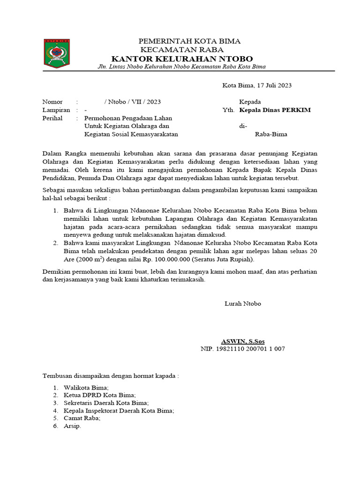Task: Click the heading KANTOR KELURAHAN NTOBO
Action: coord(182,59)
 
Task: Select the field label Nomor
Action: coord(52,102)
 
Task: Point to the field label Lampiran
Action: coord(56,110)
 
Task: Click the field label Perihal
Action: coord(52,118)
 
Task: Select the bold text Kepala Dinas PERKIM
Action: coord(275,110)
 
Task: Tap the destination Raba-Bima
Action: coord(271,134)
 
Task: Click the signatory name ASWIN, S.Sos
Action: coord(246,341)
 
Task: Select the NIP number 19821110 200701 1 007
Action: coord(250,349)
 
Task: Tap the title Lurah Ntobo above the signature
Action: coord(243,304)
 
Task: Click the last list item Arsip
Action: coord(72,426)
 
